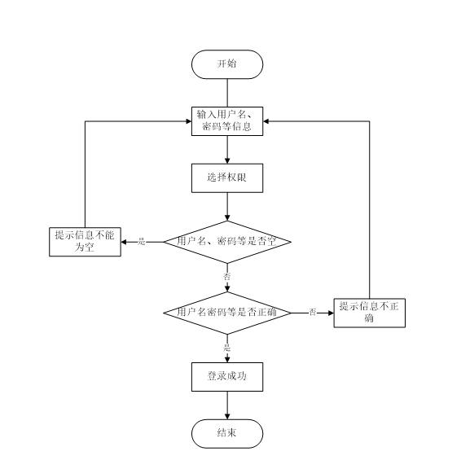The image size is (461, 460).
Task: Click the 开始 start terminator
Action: (x=227, y=64)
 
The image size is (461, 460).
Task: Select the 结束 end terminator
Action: (x=227, y=434)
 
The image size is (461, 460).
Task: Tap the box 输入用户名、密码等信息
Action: (x=227, y=121)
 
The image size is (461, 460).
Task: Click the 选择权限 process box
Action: (x=227, y=178)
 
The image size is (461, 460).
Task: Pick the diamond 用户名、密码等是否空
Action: (x=227, y=242)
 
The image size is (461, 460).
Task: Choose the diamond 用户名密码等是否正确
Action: (x=227, y=313)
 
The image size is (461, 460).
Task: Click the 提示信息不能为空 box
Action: (x=85, y=242)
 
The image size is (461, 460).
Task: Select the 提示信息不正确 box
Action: (x=369, y=313)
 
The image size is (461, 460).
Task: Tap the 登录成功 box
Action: (x=227, y=377)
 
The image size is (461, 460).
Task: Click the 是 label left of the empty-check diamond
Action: (x=142, y=242)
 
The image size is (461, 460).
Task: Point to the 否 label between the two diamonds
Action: (x=227, y=277)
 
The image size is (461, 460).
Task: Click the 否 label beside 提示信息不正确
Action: (x=312, y=312)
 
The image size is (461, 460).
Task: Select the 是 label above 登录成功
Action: (x=227, y=348)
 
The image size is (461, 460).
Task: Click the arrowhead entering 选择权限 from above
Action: (x=227, y=161)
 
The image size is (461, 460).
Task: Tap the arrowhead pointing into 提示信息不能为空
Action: (x=124, y=242)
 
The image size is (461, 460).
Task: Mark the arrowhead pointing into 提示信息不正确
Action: (x=331, y=313)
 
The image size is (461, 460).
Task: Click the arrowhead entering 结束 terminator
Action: (x=227, y=417)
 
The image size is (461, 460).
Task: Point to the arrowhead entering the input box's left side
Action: (x=189, y=121)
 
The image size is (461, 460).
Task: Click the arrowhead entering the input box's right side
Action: (x=266, y=121)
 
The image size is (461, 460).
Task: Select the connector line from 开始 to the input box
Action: (x=227, y=93)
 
